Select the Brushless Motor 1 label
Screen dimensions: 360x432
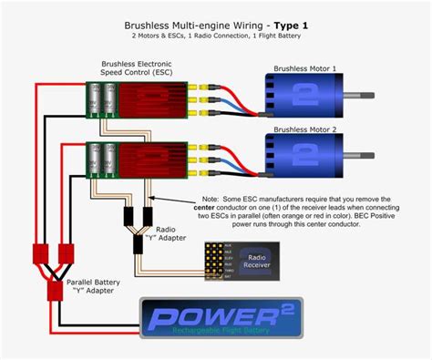(307, 68)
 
